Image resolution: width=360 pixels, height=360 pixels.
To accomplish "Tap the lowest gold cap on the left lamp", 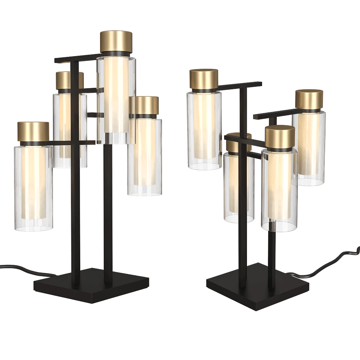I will pyautogui.click(x=33, y=132).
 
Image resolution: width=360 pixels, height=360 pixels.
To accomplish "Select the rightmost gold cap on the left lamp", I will pyautogui.click(x=145, y=105).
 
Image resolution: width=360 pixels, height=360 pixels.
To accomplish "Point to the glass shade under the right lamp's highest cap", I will pyautogui.click(x=203, y=130).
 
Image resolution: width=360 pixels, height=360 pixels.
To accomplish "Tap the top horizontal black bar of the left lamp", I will pyautogui.click(x=74, y=58).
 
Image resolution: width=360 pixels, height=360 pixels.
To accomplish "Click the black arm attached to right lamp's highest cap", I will pyautogui.click(x=239, y=86).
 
